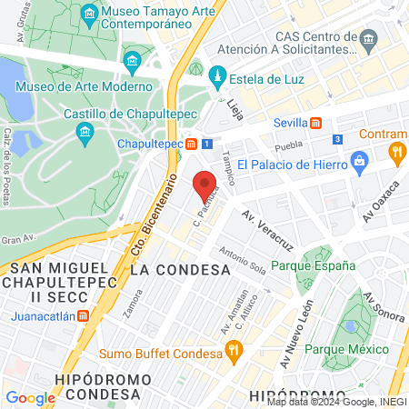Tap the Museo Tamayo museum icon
89,13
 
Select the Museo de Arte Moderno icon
133,62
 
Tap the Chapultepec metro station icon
192,144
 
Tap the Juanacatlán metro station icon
83,316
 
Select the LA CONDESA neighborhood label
180,270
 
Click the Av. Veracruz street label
267,231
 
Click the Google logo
30,397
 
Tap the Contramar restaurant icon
395,152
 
